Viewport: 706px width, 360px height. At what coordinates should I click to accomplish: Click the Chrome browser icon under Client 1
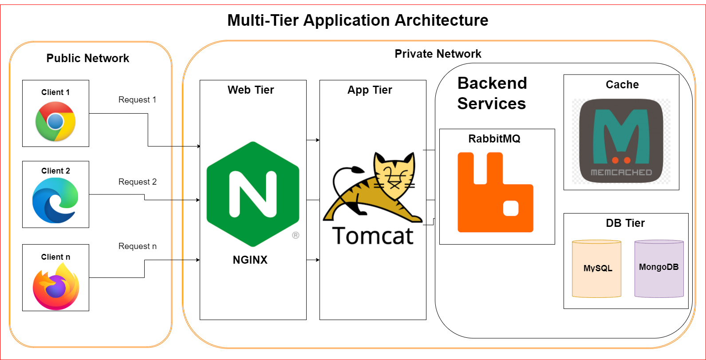click(55, 121)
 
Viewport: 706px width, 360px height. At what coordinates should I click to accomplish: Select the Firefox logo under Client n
click(56, 286)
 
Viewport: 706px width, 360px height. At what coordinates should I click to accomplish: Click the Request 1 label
click(137, 100)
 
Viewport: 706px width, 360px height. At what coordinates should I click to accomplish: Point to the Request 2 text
click(137, 182)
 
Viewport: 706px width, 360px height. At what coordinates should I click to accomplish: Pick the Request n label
click(137, 246)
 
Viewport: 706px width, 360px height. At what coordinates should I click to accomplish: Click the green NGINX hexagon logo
click(252, 194)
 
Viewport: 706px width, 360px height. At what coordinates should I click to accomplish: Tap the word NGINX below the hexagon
click(250, 260)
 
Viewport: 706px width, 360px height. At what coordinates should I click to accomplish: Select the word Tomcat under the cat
click(373, 235)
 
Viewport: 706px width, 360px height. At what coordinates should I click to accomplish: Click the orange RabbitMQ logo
click(495, 192)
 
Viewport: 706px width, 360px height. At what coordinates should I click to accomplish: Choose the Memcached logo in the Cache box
click(621, 141)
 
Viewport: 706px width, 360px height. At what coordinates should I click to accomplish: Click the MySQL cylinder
click(597, 269)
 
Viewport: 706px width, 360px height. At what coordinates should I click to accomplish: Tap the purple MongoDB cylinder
click(659, 268)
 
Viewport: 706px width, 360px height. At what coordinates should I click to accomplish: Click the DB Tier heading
click(625, 223)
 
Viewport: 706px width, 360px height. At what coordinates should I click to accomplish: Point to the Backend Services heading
click(492, 93)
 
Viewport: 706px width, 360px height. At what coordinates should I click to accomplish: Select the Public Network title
click(88, 58)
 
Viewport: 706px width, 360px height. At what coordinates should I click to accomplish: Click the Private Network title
click(438, 54)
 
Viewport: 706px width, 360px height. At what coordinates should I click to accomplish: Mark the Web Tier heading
click(251, 90)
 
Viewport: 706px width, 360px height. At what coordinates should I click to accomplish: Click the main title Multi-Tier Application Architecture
click(358, 20)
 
